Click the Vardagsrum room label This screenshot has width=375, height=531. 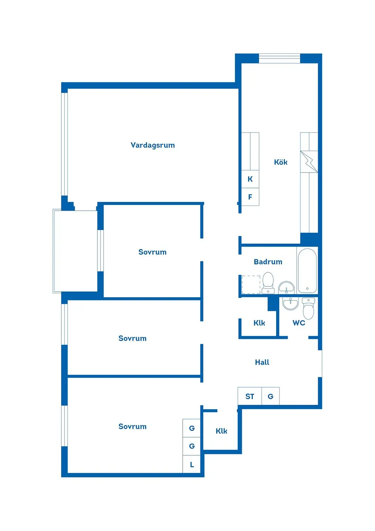[x=153, y=145]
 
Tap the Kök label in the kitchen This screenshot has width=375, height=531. [x=280, y=162]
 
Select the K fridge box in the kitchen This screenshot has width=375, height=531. [x=250, y=179]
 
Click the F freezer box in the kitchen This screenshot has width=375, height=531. [x=250, y=197]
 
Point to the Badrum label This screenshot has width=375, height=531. [x=268, y=262]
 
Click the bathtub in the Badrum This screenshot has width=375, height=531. [x=307, y=270]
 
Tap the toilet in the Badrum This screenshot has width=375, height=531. [x=268, y=283]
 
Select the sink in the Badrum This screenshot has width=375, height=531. [x=286, y=288]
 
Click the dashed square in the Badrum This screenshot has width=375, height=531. [x=251, y=285]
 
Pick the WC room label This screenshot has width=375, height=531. [x=299, y=323]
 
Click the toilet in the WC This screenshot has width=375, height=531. [x=308, y=308]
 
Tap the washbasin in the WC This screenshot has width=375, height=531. [x=290, y=304]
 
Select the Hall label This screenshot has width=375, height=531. [x=262, y=362]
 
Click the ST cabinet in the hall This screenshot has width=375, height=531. [x=250, y=396]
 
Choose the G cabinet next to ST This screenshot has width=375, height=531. [x=270, y=396]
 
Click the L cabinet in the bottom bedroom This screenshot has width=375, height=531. [x=191, y=464]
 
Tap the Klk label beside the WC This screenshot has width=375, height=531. [x=259, y=323]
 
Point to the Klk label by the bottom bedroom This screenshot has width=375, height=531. [x=221, y=431]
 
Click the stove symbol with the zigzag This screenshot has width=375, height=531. [x=309, y=161]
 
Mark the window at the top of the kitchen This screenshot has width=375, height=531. [x=280, y=58]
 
